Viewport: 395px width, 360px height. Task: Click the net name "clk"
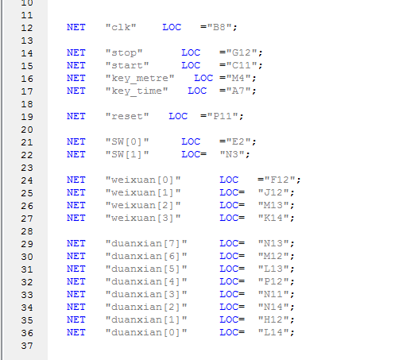point(121,27)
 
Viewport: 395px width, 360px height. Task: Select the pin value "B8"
point(219,27)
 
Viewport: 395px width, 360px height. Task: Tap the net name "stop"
point(124,52)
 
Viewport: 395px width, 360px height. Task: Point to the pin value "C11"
point(241,65)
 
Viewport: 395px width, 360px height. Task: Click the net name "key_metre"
point(140,79)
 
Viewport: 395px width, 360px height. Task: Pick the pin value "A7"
point(238,91)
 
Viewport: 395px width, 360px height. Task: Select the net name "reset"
point(127,116)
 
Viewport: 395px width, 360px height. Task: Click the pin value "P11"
point(222,116)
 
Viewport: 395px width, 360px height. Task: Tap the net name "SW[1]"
point(127,154)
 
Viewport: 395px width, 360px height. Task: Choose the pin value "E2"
point(238,141)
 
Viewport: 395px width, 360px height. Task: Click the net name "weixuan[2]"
point(143,205)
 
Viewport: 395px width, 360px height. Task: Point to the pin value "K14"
point(273,218)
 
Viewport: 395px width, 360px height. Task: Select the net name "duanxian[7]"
point(146,243)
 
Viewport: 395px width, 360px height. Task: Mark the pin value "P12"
point(273,281)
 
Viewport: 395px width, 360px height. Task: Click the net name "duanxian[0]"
point(146,332)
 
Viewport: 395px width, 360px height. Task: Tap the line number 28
point(27,231)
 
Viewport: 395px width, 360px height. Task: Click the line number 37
point(27,346)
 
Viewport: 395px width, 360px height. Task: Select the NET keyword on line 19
point(76,116)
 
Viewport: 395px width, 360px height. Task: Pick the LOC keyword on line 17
point(197,91)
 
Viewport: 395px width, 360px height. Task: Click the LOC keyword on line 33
point(229,294)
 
